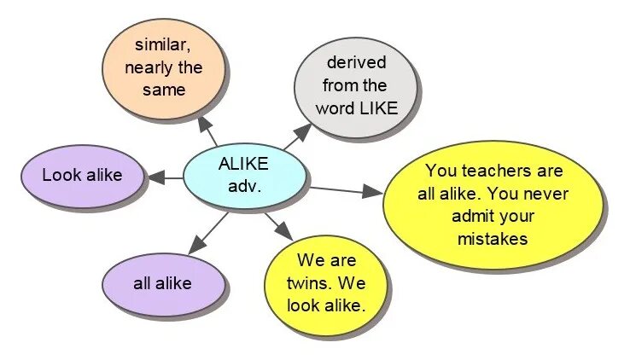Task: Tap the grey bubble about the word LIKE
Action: click(357, 85)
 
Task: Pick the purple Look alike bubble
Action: click(82, 176)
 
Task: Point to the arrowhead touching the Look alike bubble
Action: click(155, 177)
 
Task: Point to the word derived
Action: click(356, 63)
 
